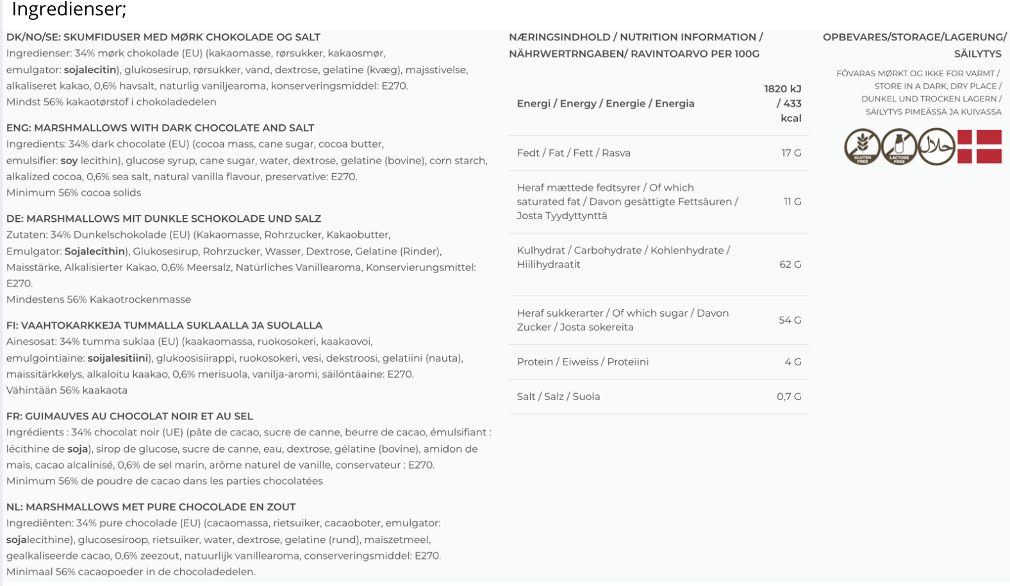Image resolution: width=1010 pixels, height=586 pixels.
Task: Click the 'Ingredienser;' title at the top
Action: pos(69,10)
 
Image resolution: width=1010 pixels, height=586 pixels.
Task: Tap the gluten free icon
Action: pos(862,146)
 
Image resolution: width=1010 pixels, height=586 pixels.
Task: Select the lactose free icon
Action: pos(899,146)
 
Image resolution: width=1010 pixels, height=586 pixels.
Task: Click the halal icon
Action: pos(936,146)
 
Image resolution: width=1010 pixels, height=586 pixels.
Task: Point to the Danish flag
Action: pos(979,146)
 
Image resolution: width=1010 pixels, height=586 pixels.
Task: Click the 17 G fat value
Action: pos(791,153)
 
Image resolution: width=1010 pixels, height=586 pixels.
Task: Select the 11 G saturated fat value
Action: pos(792,202)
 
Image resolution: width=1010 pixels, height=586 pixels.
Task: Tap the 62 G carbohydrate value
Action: pos(790,264)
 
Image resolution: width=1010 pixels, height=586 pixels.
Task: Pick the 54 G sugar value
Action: pos(790,320)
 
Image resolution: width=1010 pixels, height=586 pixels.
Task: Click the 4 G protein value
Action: pos(793,362)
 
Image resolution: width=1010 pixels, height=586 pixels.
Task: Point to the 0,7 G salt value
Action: pos(789,397)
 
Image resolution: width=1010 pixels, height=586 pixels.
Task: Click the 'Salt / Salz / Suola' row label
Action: pos(558,397)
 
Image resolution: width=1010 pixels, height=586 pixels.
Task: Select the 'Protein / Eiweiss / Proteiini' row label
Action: pos(583,362)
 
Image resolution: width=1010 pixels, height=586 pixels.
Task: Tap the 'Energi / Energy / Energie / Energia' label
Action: pos(606,104)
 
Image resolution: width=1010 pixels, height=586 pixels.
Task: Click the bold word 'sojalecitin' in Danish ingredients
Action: pos(90,70)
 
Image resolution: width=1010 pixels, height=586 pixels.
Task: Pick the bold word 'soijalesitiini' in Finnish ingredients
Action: pos(118,358)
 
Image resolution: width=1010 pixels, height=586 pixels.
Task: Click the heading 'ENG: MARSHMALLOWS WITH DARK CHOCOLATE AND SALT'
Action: pos(160,128)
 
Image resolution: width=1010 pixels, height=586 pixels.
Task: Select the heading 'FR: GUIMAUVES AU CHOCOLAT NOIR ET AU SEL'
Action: pos(129,417)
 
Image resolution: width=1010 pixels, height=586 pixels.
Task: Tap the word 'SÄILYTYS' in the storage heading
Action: pos(977,54)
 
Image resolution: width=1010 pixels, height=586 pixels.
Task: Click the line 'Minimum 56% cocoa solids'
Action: pos(74,193)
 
